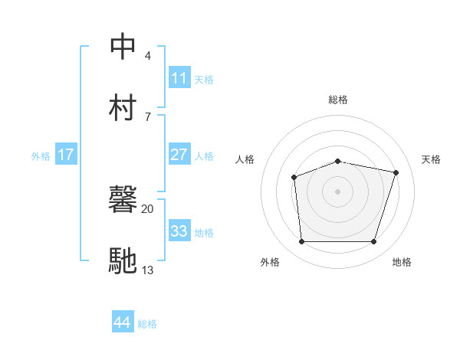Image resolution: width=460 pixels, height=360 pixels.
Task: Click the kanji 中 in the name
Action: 123,47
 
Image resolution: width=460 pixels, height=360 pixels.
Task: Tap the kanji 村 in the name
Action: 123,108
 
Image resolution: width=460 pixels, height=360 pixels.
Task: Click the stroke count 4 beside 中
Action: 148,56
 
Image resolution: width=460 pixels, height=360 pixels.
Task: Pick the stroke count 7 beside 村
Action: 148,116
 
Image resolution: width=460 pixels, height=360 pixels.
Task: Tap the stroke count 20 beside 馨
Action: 148,208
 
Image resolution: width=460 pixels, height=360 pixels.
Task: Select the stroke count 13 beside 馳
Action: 148,270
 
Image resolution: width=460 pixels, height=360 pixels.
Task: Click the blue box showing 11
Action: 179,78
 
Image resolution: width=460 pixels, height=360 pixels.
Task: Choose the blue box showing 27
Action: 179,155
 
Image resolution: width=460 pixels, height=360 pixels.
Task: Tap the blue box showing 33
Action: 179,231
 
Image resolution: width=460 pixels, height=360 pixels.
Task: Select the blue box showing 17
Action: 66,155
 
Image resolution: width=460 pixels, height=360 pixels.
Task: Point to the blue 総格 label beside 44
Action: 147,324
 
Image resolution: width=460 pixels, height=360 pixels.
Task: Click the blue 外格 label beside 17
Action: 41,156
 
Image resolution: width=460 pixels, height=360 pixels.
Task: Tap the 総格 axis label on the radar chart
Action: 338,100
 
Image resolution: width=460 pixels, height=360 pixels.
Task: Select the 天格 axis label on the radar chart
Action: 432,159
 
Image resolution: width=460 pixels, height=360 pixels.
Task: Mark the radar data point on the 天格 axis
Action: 396,172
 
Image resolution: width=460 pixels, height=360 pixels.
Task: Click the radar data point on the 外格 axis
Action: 301,242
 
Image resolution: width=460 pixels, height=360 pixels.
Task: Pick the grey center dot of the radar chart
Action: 338,191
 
